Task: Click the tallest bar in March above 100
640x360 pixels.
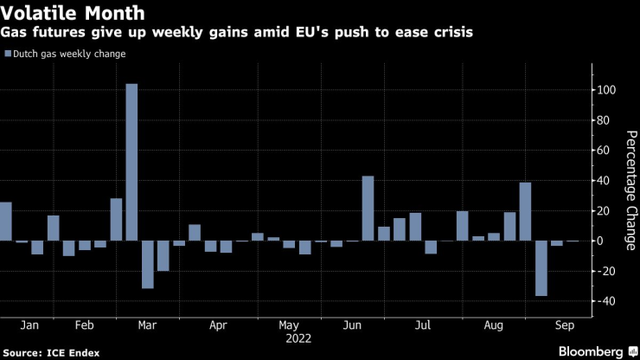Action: coord(131,162)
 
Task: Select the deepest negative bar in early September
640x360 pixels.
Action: coord(541,268)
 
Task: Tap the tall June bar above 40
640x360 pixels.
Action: coord(368,208)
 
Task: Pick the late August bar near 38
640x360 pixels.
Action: coord(525,211)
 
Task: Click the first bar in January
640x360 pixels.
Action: coord(5,221)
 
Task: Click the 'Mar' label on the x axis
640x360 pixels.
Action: coord(148,325)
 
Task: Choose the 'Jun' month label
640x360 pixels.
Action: coord(352,325)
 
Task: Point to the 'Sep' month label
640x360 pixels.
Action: coord(564,325)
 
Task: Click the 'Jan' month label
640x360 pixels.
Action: coord(29,325)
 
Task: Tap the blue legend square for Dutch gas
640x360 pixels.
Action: coord(8,54)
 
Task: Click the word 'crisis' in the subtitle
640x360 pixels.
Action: coord(460,33)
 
